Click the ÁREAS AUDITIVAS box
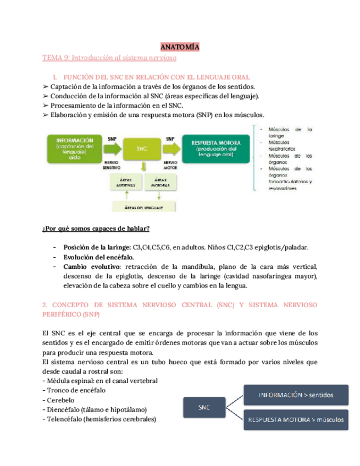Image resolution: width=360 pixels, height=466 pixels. point(126,182)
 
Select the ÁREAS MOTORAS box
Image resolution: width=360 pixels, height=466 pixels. point(161,182)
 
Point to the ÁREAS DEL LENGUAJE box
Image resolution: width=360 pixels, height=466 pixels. point(142,208)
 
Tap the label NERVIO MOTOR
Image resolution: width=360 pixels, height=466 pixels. point(170,166)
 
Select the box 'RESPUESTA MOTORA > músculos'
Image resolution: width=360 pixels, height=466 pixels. point(296,420)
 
